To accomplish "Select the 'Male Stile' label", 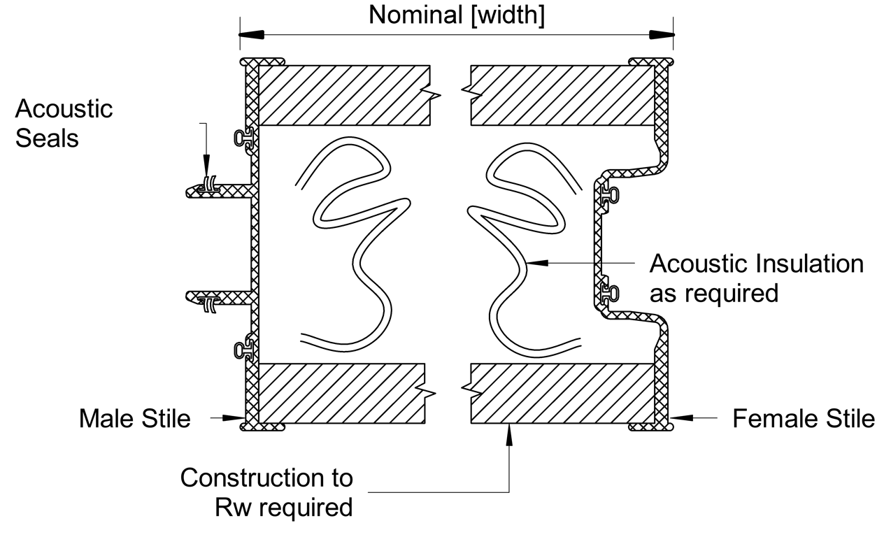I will coord(134,418).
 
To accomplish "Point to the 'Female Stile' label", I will coord(803,418).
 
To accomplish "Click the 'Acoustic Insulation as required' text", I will coord(757,278).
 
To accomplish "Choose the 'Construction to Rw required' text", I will coord(266,492).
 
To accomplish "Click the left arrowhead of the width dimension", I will coord(252,34).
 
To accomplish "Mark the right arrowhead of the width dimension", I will coord(662,34).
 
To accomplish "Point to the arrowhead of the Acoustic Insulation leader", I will coord(536,264).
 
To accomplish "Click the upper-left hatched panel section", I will coord(343,95).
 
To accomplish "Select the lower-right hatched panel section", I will coord(563,393).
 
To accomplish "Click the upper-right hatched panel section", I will coord(563,95).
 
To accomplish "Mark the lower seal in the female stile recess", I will coord(609,290).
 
